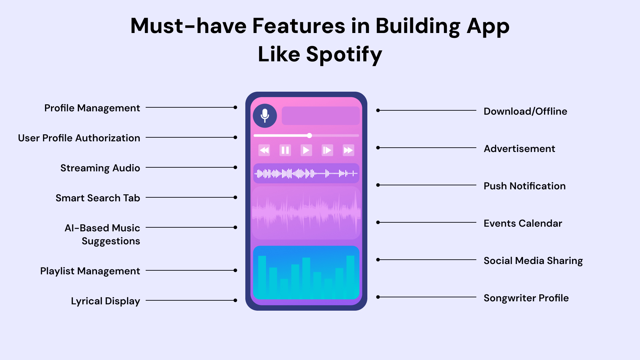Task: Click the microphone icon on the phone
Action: [x=265, y=116]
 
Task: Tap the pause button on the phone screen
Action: [x=285, y=150]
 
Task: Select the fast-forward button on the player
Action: [x=348, y=150]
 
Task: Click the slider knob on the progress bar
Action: [x=310, y=135]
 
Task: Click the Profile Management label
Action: [x=92, y=108]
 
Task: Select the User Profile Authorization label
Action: [x=79, y=138]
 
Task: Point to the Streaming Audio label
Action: [x=100, y=168]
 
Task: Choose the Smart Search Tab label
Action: [x=98, y=198]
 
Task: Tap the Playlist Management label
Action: [x=90, y=271]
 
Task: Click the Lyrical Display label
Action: [x=105, y=301]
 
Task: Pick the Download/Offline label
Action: [x=525, y=111]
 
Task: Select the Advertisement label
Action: [x=519, y=149]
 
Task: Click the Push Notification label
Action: [x=525, y=186]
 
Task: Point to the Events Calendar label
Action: [x=523, y=223]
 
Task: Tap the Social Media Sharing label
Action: [x=533, y=261]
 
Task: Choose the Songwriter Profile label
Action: [x=526, y=298]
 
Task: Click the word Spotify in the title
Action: [x=344, y=54]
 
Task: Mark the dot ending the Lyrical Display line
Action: [x=235, y=300]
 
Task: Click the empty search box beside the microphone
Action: [x=321, y=116]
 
